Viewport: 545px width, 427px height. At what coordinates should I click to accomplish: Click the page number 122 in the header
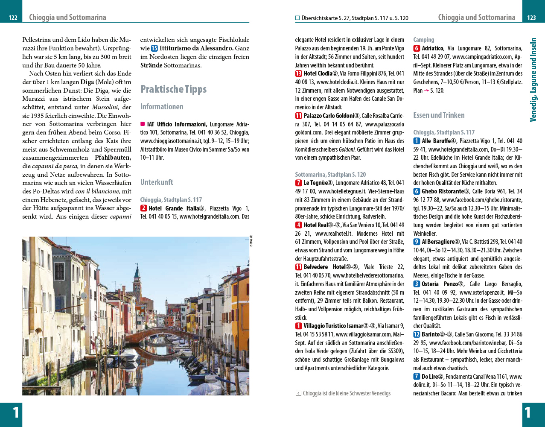point(13,18)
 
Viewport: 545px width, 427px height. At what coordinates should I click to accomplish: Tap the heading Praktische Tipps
point(173,89)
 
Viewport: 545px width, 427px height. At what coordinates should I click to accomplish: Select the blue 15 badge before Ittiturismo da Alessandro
point(154,48)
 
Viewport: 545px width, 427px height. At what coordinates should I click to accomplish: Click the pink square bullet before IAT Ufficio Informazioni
point(143,124)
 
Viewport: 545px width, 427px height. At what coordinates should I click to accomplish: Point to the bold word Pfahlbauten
point(113,158)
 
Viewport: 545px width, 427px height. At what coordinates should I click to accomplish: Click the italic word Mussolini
point(105,107)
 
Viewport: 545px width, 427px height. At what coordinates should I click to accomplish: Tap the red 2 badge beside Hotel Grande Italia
point(144,208)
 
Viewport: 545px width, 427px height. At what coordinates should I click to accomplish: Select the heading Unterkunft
point(157,182)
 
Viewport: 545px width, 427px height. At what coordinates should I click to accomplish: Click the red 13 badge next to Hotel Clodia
point(298,73)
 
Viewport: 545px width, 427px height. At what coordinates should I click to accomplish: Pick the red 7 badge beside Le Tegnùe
point(298,183)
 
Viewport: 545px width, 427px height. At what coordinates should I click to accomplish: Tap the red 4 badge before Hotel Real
point(298,225)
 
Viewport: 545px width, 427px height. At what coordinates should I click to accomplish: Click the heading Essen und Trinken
point(439,115)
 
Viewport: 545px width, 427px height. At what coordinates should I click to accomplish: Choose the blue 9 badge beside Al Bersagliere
point(417,242)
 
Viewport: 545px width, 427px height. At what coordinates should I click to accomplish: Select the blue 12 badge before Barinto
point(417,334)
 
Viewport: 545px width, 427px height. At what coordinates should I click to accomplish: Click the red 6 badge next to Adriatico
point(417,48)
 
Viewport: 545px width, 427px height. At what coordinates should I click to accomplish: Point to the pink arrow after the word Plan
point(426,91)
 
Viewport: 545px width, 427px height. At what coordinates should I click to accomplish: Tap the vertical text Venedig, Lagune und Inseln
point(533,80)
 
